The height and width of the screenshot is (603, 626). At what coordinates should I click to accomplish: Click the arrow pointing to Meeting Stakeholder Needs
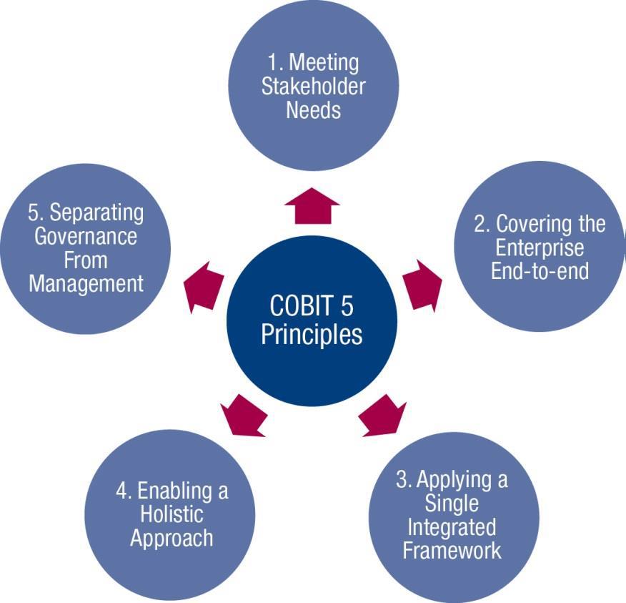click(312, 206)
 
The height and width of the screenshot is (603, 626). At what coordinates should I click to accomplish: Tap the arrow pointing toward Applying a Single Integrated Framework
click(382, 416)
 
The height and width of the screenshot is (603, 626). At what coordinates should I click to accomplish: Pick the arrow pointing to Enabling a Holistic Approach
click(244, 416)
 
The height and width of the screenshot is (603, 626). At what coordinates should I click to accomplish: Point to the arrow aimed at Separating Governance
click(203, 287)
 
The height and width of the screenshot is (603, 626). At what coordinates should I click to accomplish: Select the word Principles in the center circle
click(312, 335)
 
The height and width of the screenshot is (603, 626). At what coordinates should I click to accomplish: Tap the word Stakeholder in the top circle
click(314, 87)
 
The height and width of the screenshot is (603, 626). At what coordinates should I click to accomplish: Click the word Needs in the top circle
click(314, 110)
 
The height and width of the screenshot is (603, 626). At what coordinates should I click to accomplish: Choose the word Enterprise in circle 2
click(540, 248)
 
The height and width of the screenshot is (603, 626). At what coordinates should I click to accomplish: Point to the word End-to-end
click(540, 271)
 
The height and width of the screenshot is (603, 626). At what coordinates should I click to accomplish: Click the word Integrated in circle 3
click(452, 528)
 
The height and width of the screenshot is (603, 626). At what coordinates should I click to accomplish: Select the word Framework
click(452, 550)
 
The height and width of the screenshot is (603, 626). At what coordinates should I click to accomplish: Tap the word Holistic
click(172, 514)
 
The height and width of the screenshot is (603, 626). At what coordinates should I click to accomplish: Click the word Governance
click(86, 236)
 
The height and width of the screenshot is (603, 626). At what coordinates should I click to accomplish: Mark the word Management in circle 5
click(86, 285)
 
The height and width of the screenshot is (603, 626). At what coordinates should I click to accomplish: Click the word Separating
click(96, 213)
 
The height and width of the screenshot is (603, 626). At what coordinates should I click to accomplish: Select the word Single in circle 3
click(452, 504)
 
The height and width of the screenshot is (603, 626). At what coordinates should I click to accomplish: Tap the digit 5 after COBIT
click(347, 305)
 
